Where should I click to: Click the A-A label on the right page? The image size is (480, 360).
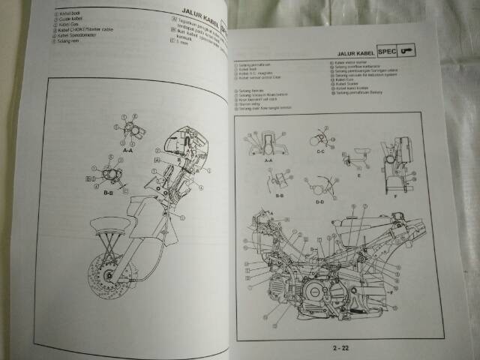[x=268, y=160]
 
